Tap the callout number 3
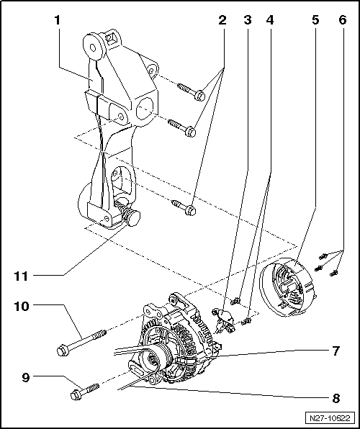click(x=248, y=21)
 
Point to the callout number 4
click(x=270, y=21)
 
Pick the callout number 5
click(x=315, y=21)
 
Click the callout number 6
click(x=341, y=21)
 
